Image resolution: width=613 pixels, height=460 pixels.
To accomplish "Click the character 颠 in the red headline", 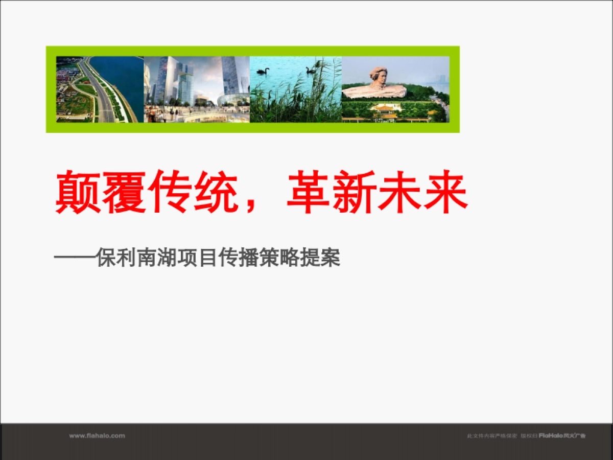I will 77,193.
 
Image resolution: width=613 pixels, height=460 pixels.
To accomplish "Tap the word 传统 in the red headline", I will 194,193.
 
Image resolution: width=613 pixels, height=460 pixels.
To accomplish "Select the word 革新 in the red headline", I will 332,193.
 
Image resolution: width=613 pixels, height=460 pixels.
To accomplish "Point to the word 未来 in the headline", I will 423,193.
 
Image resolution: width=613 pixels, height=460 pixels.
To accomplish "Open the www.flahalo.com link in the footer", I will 97,436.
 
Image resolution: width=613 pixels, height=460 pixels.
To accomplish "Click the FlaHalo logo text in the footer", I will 551,436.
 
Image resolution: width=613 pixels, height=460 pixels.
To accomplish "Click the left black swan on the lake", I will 263,71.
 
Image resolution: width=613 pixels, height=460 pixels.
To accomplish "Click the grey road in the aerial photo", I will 100,97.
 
